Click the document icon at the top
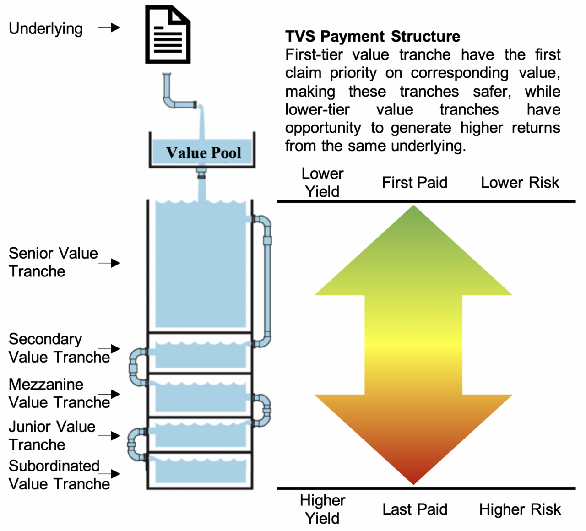(168, 34)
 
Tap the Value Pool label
(204, 153)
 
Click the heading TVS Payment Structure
(373, 37)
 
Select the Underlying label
(46, 29)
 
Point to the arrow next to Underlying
(109, 28)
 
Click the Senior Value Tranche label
(53, 262)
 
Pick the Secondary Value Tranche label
(60, 348)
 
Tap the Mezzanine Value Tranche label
(60, 393)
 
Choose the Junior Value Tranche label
(52, 435)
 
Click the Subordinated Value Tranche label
(60, 475)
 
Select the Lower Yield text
(322, 183)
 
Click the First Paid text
(415, 183)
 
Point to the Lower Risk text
(520, 183)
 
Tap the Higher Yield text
(322, 509)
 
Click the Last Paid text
(415, 509)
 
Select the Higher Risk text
(520, 509)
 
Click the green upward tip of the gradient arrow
(413, 206)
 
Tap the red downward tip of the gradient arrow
(413, 485)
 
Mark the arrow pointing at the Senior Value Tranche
(109, 263)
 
